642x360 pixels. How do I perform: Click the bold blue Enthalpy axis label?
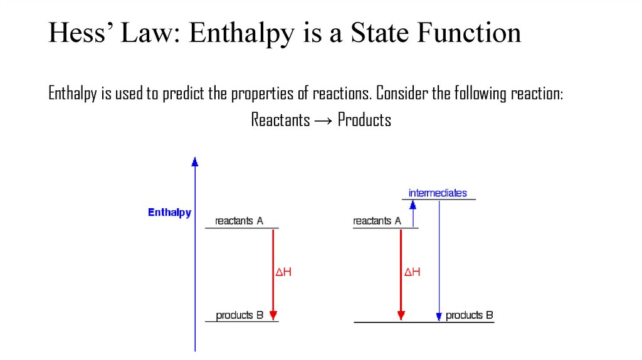[x=169, y=213]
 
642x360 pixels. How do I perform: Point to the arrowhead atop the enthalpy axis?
[x=195, y=162]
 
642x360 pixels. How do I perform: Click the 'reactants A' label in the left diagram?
[x=239, y=221]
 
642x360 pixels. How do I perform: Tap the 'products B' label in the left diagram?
[x=239, y=315]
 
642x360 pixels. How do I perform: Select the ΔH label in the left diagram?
[x=284, y=272]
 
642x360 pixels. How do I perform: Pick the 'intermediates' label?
[x=438, y=193]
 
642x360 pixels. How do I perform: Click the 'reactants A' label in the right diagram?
[x=377, y=221]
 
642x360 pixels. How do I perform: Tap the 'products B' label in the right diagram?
[x=469, y=315]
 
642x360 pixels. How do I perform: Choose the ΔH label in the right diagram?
[x=412, y=272]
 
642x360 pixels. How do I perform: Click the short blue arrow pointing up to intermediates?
[x=413, y=213]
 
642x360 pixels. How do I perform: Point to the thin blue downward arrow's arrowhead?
[x=439, y=316]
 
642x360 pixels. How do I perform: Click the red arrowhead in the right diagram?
[x=401, y=315]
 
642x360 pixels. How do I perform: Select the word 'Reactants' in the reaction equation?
[x=280, y=120]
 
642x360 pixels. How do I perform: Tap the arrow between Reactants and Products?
[x=324, y=120]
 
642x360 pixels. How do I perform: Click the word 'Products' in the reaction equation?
[x=364, y=120]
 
